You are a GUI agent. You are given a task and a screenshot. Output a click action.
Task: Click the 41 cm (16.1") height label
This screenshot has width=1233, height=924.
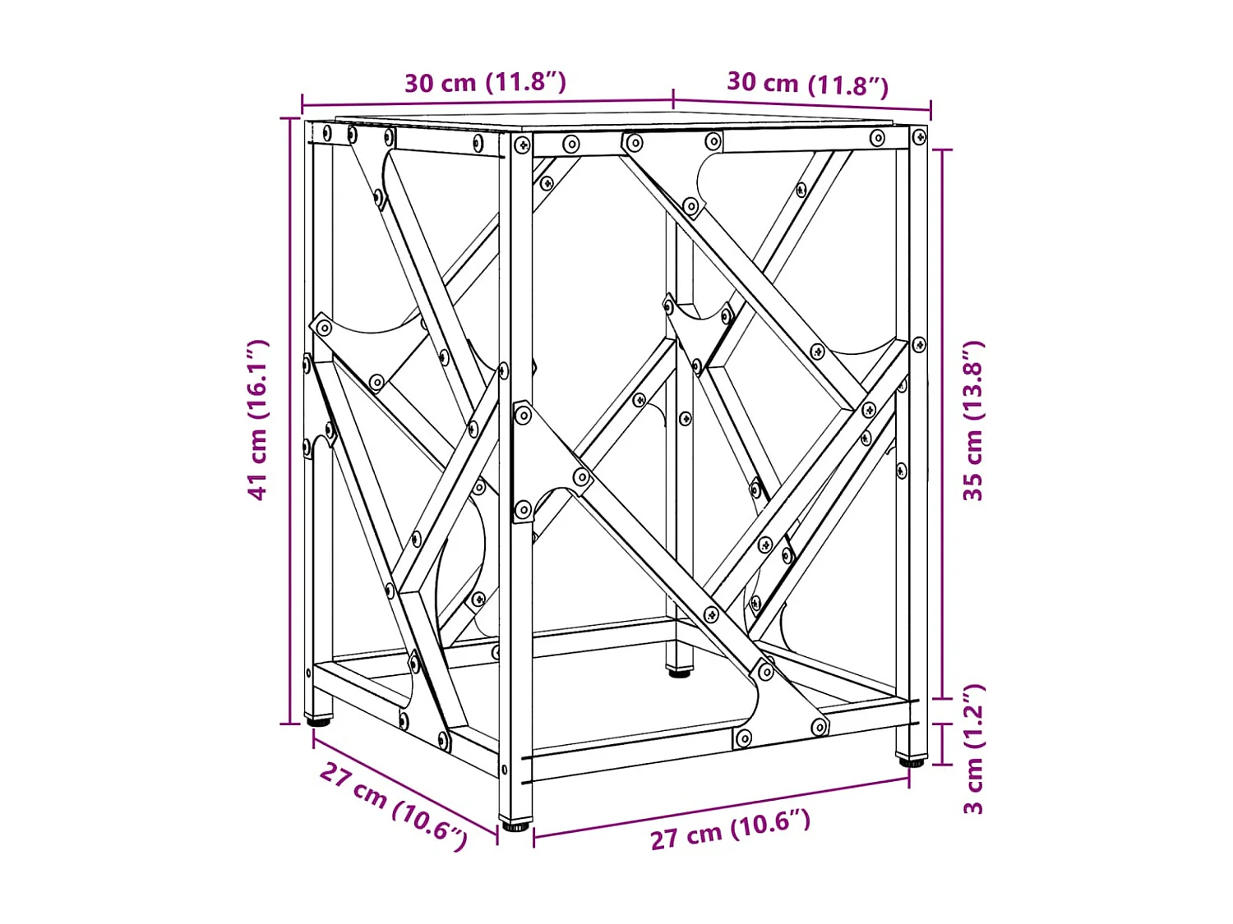(x=258, y=419)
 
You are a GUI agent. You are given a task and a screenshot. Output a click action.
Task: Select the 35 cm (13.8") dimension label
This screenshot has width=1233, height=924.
(x=973, y=421)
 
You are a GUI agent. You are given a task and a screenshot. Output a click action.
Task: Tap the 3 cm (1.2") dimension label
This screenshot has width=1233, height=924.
(x=973, y=748)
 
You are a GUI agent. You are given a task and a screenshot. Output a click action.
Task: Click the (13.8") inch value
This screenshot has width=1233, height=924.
(x=973, y=380)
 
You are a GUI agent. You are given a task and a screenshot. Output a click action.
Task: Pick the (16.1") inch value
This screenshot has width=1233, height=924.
(x=258, y=379)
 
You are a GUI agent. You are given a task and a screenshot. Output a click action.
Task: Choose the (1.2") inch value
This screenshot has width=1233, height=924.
(x=973, y=714)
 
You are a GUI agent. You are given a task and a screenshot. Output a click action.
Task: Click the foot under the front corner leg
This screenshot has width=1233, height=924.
(x=515, y=825)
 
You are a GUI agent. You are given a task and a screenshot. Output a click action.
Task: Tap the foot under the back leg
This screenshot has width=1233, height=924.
(x=679, y=672)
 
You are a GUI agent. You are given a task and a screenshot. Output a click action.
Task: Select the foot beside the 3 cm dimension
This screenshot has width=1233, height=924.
(x=911, y=761)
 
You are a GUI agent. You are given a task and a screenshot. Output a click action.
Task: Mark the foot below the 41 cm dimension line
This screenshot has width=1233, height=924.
(x=319, y=721)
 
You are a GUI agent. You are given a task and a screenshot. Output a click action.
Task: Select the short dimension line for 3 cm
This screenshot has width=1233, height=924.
(x=942, y=743)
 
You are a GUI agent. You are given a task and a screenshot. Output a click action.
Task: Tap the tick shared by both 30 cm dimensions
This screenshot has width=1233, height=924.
(x=673, y=99)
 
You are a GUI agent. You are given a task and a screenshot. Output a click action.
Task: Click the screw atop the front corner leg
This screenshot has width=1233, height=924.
(x=523, y=146)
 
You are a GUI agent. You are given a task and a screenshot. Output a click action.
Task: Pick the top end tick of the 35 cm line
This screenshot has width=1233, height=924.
(x=942, y=150)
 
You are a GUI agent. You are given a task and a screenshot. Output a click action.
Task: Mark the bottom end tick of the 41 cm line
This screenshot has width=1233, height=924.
(x=290, y=724)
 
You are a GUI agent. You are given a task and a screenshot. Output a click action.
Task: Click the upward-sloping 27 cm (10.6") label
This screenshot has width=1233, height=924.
(x=730, y=830)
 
